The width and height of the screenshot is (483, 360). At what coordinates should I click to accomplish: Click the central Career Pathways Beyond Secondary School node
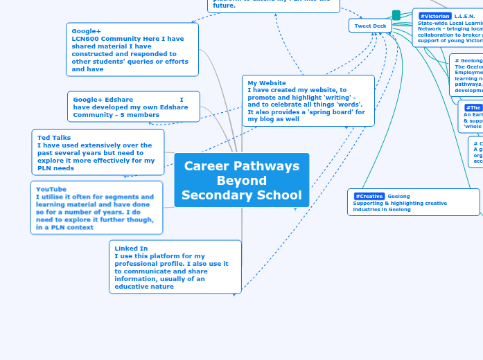(241, 180)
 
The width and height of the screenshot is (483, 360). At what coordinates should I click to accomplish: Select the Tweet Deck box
(370, 26)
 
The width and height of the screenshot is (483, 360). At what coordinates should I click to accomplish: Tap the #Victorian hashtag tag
(434, 16)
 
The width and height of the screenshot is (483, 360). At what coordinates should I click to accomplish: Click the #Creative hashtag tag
(369, 196)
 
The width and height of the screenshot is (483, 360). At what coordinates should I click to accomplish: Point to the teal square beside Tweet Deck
(396, 15)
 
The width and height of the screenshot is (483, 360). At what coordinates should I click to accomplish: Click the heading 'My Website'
(267, 83)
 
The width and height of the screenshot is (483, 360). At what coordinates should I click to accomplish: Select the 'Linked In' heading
(131, 248)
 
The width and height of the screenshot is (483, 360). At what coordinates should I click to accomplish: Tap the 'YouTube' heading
(51, 189)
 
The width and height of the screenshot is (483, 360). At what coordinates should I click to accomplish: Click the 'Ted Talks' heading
(54, 138)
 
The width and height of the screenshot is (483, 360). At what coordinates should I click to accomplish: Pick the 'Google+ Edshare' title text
(103, 100)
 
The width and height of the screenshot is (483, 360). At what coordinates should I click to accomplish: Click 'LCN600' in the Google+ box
(86, 39)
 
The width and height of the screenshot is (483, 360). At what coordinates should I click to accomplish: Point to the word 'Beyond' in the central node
(241, 181)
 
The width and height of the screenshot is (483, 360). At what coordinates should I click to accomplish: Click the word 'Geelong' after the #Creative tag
(398, 196)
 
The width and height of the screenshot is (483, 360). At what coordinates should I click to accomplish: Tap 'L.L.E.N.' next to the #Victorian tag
(465, 16)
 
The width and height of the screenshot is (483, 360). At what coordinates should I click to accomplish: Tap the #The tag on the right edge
(473, 107)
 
